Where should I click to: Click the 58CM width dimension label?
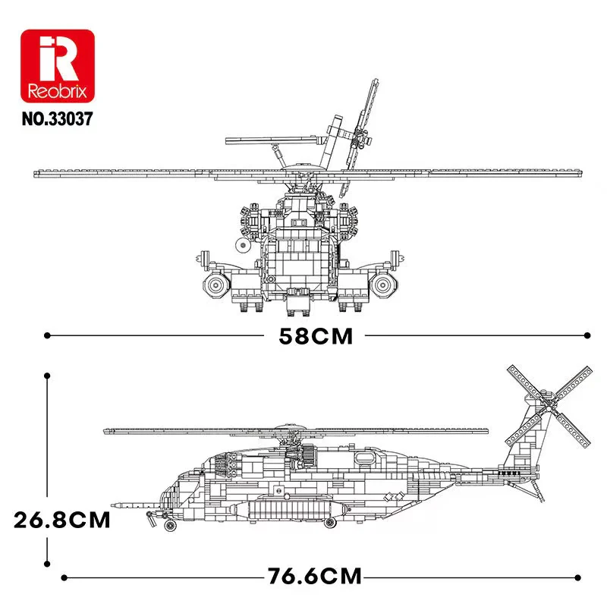pos(316,335)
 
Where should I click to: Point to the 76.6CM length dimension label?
pos(314,577)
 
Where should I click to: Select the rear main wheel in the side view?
pos(329,522)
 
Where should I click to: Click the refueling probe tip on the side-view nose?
pos(114,504)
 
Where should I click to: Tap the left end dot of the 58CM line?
pos(48,334)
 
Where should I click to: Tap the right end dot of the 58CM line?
pos(589,334)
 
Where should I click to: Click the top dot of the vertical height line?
pos(48,375)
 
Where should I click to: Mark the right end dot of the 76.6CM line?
pos(589,577)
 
